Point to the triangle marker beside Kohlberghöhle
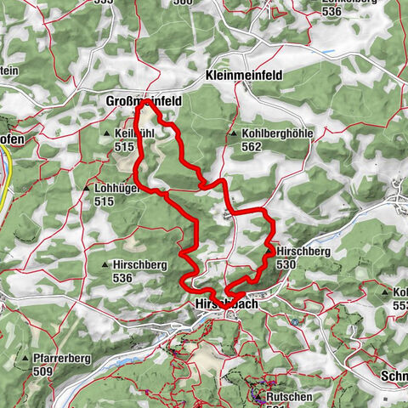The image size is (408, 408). pyautogui.click(x=233, y=134)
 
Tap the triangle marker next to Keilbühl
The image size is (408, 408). pyautogui.click(x=106, y=134)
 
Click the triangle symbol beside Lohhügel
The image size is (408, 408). pyautogui.click(x=87, y=189)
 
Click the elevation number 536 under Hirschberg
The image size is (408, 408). pyautogui.click(x=123, y=278)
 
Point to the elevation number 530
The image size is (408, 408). pyautogui.click(x=285, y=265)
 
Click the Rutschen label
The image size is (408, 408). pyautogui.click(x=289, y=396)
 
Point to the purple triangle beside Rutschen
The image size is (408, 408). pyautogui.click(x=257, y=396)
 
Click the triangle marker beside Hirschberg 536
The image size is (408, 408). pyautogui.click(x=105, y=265)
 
